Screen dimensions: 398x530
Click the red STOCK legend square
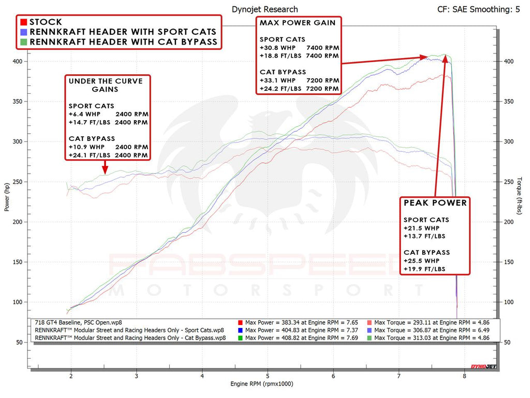[24, 22]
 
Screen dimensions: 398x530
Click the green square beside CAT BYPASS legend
[24, 41]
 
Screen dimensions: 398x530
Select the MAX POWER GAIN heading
[298, 23]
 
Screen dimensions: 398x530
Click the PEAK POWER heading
[435, 203]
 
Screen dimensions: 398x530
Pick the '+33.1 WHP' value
[277, 80]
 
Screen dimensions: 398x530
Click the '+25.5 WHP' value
[421, 261]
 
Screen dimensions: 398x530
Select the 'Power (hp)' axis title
[7, 197]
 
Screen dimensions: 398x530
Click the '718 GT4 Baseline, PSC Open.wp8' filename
[79, 322]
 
